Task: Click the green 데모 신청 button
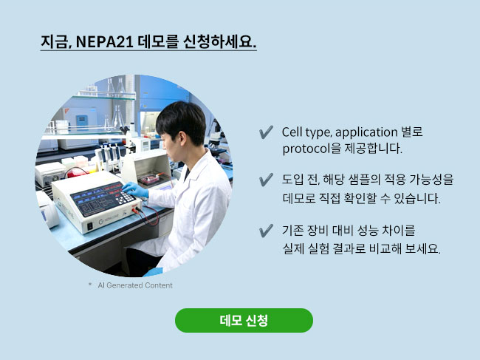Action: point(244,320)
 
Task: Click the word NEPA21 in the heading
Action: point(104,41)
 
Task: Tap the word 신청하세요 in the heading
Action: point(219,41)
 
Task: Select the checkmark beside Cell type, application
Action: point(266,132)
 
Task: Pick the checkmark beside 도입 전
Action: point(266,180)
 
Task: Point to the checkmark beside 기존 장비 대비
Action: point(266,231)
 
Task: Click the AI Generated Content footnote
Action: point(135,285)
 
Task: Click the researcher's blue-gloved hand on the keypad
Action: point(135,190)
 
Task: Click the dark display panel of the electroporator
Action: point(101,199)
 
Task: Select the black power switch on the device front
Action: point(89,226)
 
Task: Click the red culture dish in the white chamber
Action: point(150,179)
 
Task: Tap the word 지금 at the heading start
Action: point(55,41)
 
